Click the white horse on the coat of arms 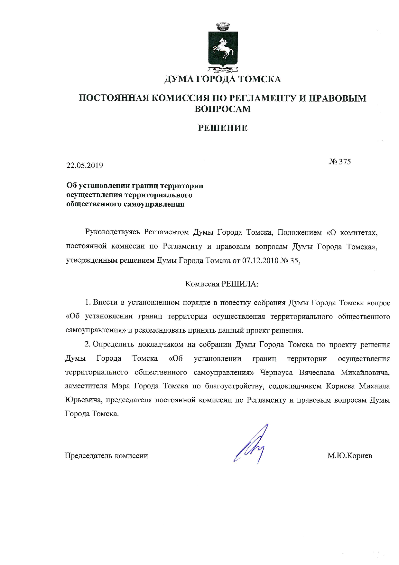click(x=222, y=48)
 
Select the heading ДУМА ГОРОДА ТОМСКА click(x=223, y=79)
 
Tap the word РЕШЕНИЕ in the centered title click(x=223, y=128)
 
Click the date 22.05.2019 click(x=85, y=165)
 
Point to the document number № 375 click(x=340, y=161)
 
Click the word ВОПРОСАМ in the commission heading click(x=223, y=109)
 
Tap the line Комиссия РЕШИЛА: click(x=222, y=284)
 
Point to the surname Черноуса click(x=276, y=373)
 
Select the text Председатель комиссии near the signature click(x=107, y=455)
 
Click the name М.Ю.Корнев click(x=350, y=455)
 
